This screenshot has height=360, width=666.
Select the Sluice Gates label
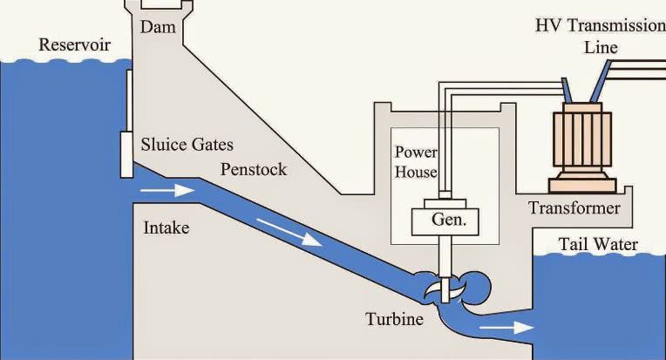[x=187, y=144]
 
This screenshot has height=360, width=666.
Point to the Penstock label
[x=254, y=169]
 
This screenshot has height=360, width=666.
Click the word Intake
[x=166, y=228]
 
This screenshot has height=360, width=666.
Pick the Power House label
[x=416, y=161]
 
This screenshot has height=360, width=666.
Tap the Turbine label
[x=394, y=320]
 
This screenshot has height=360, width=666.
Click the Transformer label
[x=574, y=208]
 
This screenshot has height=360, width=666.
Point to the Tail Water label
[x=597, y=245]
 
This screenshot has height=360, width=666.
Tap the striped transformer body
[x=582, y=139]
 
